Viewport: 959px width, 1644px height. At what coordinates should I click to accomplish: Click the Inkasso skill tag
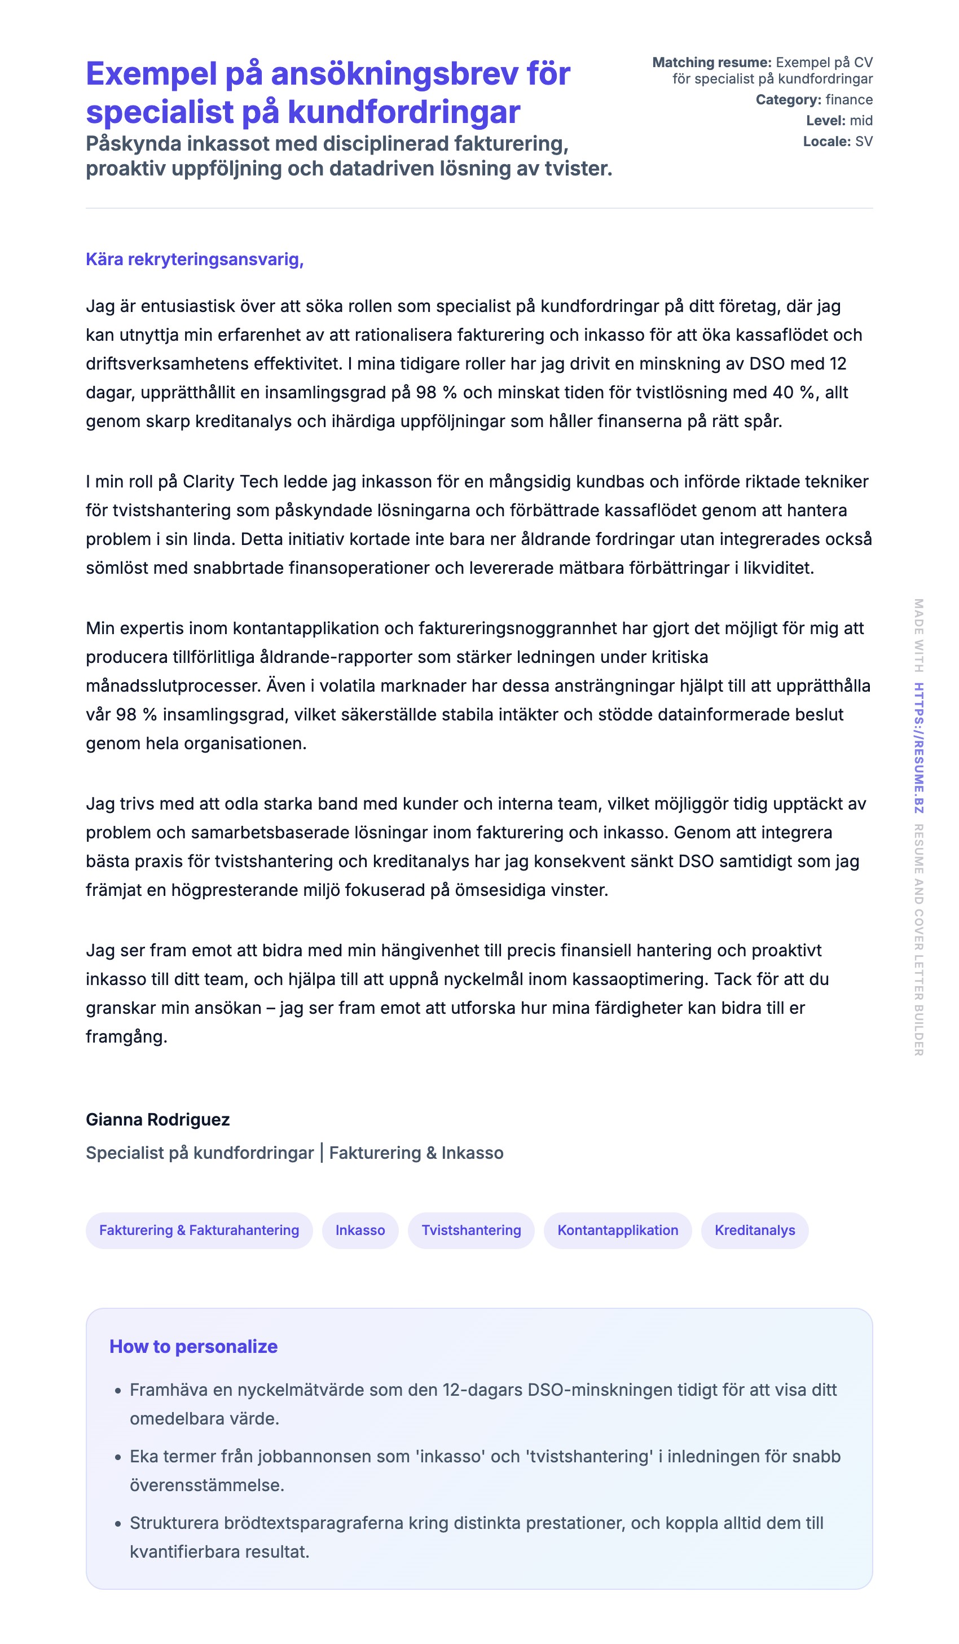point(360,1230)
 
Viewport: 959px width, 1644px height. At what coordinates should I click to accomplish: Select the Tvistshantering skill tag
point(471,1230)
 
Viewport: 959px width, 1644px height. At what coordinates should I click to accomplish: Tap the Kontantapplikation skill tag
point(617,1230)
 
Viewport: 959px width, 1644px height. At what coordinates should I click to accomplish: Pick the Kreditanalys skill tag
point(755,1230)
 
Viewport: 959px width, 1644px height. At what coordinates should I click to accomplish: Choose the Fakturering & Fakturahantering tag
point(199,1230)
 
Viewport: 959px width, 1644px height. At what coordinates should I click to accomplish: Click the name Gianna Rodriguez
point(158,1119)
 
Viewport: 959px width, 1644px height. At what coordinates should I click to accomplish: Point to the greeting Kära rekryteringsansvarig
point(195,259)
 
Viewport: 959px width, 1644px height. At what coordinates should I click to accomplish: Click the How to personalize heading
point(193,1347)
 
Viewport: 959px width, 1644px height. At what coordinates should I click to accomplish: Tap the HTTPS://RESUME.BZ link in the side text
point(918,748)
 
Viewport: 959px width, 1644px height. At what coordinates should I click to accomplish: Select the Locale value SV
point(863,142)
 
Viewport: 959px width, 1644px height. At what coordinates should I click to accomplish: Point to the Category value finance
point(849,100)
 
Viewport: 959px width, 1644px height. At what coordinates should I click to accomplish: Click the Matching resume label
point(712,63)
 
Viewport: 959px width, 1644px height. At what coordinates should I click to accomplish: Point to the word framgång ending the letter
point(126,1036)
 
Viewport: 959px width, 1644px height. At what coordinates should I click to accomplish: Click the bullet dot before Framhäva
point(118,1391)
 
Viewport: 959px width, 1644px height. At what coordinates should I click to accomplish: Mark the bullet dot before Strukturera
point(118,1524)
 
